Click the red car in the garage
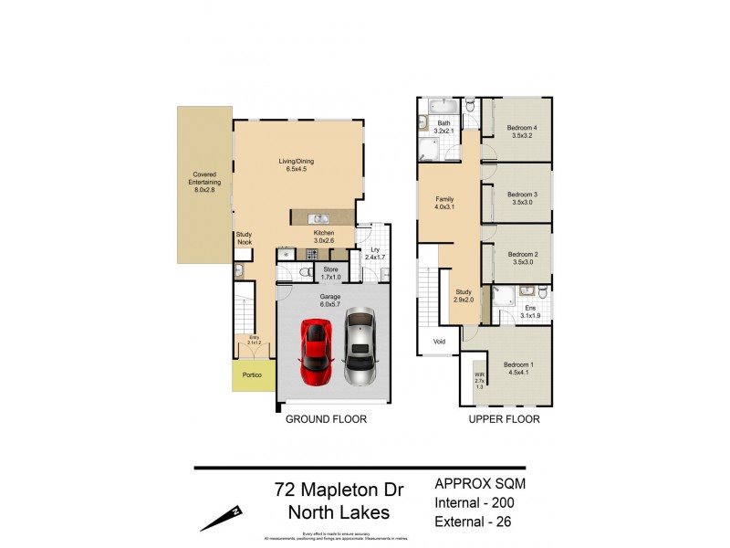pos(317,351)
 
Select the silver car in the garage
pos(360,347)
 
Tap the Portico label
pos(252,375)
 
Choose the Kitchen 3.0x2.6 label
pos(324,237)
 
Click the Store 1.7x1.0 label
pos(330,273)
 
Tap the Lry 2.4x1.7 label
pos(374,255)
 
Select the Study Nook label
pos(244,238)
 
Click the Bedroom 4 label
pos(523,131)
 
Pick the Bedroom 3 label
pos(522,197)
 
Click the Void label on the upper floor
pos(440,343)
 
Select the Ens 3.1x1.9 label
pos(530,311)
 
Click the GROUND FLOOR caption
pos(326,420)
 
